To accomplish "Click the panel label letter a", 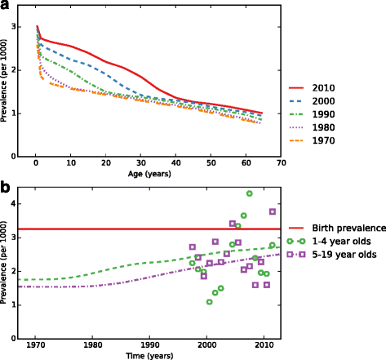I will coord(7,7).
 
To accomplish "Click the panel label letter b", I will coord(7,187).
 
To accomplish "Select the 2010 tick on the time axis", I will coord(264,344).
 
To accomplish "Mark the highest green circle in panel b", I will coord(250,193).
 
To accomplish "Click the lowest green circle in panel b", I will coord(210,302).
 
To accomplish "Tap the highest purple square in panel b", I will coord(273,211).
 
